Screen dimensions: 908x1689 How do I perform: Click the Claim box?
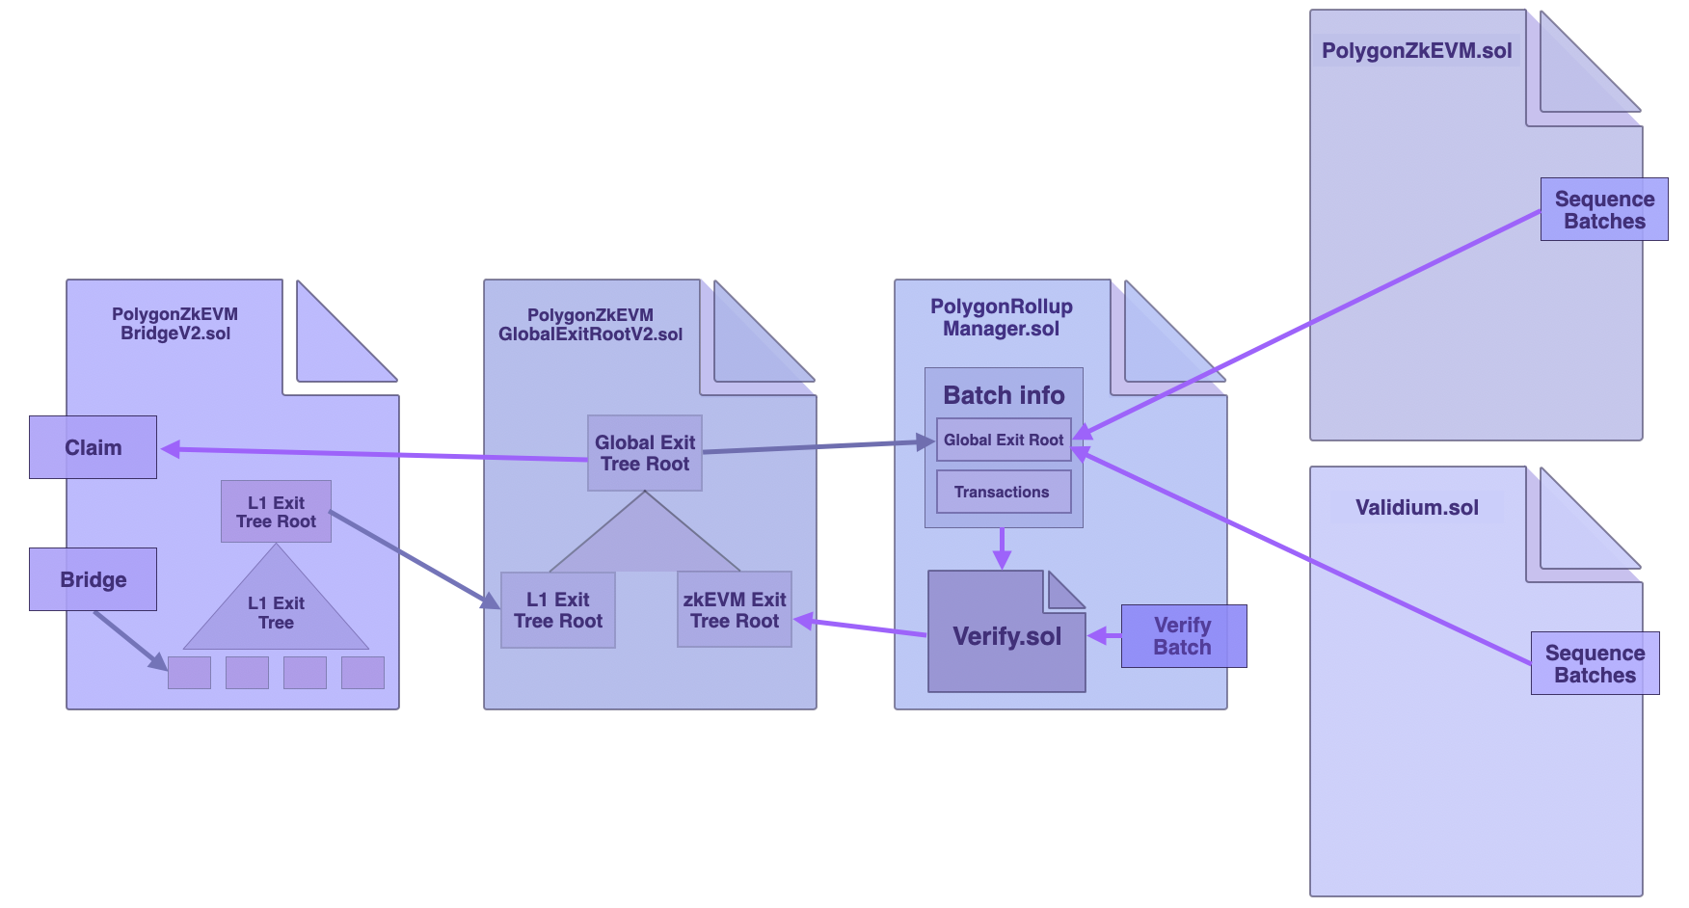point(93,447)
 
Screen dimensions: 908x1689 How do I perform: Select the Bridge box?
point(93,579)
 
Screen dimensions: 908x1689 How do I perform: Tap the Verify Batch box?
point(1183,636)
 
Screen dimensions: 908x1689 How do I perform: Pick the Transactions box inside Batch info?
point(1003,492)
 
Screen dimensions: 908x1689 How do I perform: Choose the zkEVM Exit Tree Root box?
point(735,609)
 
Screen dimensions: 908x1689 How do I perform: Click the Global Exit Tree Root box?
point(645,453)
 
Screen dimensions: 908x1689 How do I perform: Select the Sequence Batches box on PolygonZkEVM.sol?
point(1603,209)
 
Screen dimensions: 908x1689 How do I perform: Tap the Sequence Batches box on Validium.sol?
point(1595,663)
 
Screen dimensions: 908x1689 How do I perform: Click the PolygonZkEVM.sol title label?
point(1416,51)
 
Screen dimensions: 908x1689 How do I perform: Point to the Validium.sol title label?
point(1416,508)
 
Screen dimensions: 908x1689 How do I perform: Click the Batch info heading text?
point(1004,395)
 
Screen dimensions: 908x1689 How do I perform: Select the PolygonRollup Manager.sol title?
point(1001,317)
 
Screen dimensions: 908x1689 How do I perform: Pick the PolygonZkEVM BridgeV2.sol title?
point(175,324)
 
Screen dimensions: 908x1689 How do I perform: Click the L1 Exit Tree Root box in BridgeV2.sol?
point(276,512)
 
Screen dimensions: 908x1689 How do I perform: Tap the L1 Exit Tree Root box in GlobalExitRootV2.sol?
point(558,610)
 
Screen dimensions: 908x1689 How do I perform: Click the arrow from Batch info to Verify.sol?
point(1003,547)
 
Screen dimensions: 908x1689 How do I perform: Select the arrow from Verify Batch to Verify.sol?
point(1105,635)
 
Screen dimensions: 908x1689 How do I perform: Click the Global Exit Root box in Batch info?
point(1003,440)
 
